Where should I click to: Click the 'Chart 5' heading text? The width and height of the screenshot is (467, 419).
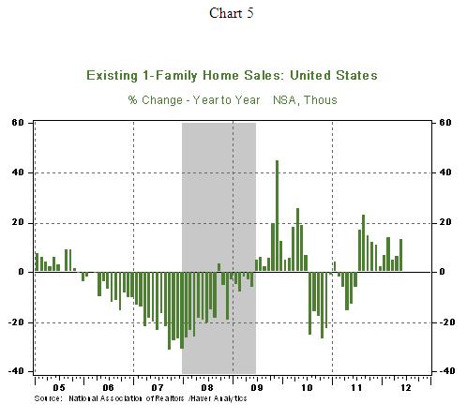(x=232, y=13)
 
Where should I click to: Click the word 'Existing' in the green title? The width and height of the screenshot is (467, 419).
(x=112, y=76)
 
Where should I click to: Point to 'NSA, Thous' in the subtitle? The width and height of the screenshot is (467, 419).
(x=305, y=100)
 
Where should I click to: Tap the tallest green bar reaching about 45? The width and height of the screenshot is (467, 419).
(x=277, y=216)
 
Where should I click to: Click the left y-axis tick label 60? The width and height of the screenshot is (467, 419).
(x=18, y=123)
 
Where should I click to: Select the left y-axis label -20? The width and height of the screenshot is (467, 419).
(x=16, y=322)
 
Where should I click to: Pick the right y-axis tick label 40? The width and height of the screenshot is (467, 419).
(x=445, y=172)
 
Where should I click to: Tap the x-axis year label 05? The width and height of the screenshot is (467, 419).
(x=59, y=388)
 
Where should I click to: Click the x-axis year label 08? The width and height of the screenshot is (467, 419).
(x=207, y=388)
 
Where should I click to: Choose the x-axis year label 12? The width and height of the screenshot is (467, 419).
(x=406, y=388)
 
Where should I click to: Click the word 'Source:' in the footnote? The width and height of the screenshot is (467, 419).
(x=49, y=398)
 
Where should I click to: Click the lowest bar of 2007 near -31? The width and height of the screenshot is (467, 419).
(x=170, y=310)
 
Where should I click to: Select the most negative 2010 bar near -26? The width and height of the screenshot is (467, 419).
(x=323, y=305)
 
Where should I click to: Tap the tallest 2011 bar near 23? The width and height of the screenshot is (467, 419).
(x=363, y=243)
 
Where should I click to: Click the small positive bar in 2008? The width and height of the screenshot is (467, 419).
(x=218, y=267)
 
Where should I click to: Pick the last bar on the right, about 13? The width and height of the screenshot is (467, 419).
(x=400, y=255)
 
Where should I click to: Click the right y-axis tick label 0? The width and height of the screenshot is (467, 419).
(x=442, y=272)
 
